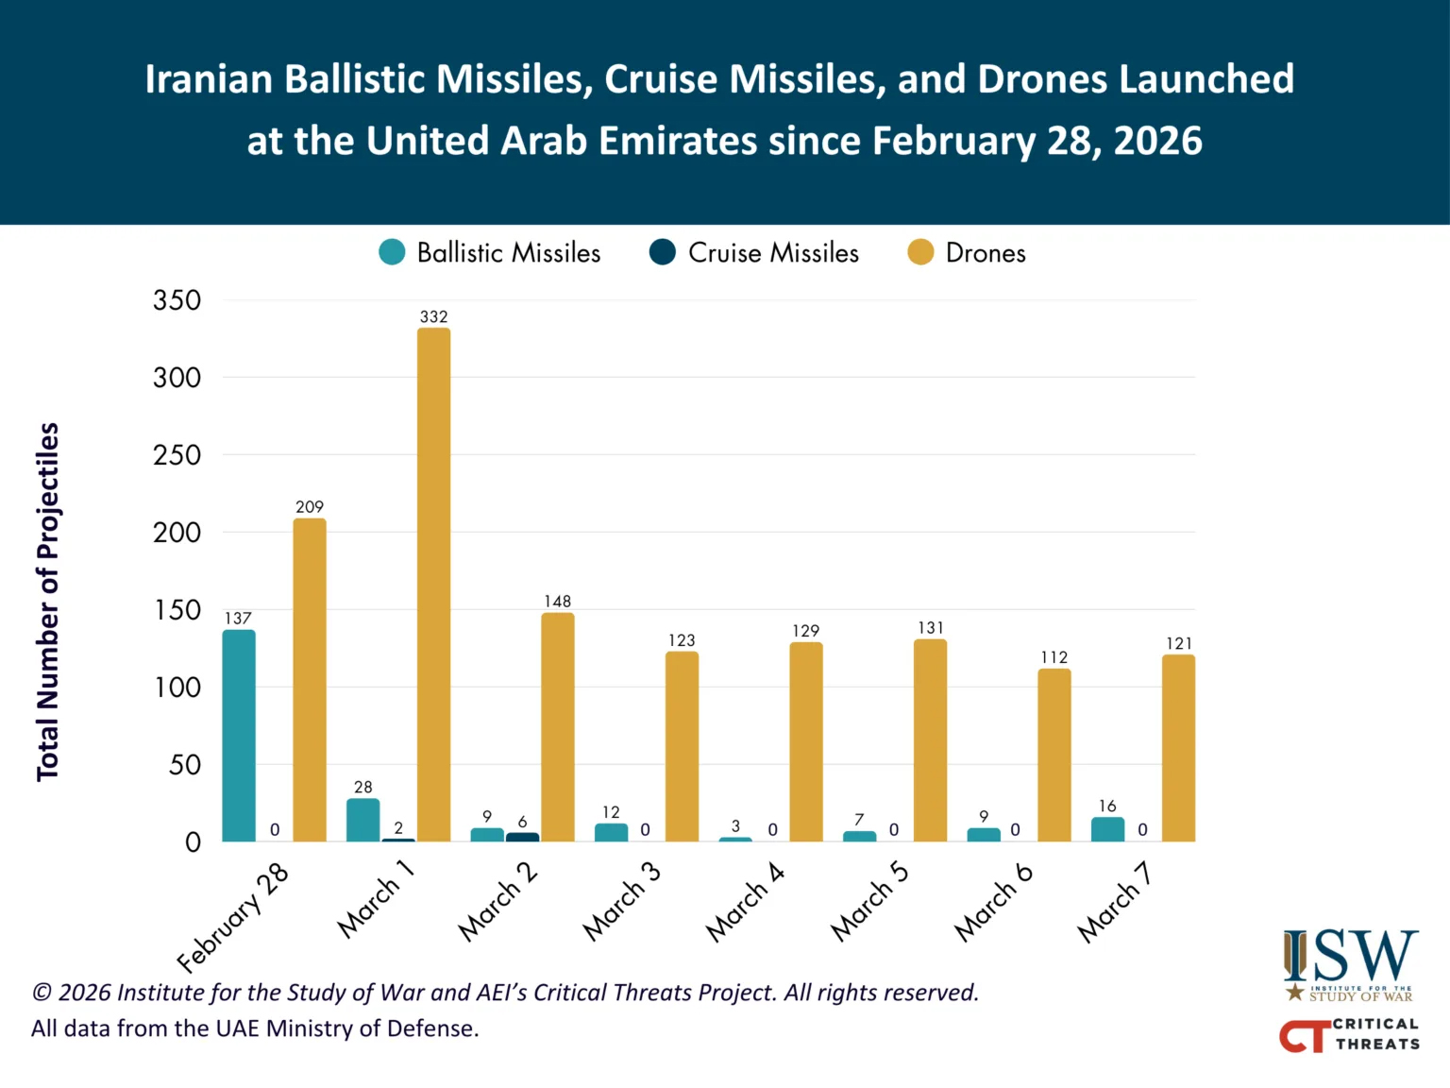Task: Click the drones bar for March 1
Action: [x=433, y=586]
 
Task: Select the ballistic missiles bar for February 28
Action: [x=239, y=736]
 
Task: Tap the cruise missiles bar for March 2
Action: [x=522, y=837]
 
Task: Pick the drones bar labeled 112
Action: [x=1054, y=756]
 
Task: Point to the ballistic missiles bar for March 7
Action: [x=1107, y=829]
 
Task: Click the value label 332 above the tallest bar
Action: [x=433, y=317]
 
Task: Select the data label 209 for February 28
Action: [x=310, y=507]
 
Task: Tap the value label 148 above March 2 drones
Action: [x=557, y=602]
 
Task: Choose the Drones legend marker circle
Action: [x=920, y=253]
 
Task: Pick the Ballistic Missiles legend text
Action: [x=509, y=253]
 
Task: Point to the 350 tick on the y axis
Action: [x=177, y=300]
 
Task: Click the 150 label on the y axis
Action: [x=177, y=610]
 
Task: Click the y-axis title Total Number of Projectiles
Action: [x=48, y=602]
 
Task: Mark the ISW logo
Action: [x=1350, y=963]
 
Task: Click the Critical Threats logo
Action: [x=1350, y=1035]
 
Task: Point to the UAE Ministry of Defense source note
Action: [x=255, y=1028]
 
